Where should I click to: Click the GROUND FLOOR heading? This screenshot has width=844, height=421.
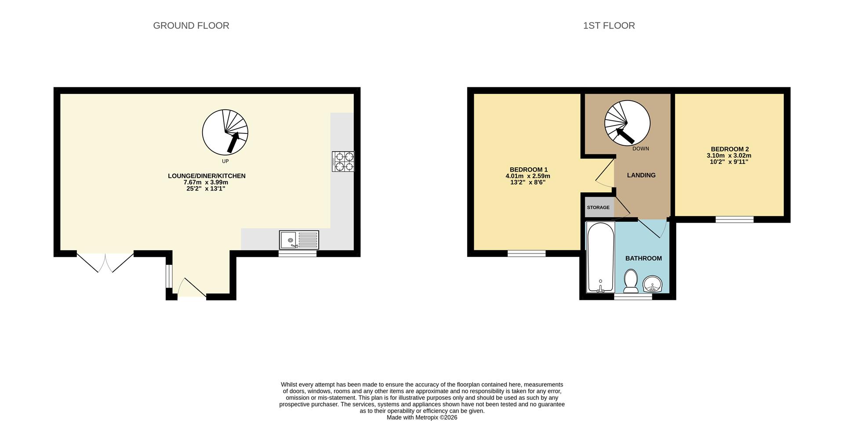pyautogui.click(x=191, y=25)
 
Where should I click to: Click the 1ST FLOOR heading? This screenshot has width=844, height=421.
pyautogui.click(x=608, y=25)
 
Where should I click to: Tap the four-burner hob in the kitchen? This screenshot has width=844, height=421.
pyautogui.click(x=343, y=161)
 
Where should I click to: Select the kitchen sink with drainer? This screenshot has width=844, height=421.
pyautogui.click(x=299, y=240)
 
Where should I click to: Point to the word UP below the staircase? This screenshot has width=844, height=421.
pyautogui.click(x=225, y=161)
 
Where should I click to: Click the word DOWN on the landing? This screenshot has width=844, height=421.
pyautogui.click(x=640, y=148)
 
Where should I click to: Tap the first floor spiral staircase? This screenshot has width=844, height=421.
pyautogui.click(x=627, y=123)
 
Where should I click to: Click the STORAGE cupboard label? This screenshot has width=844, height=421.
pyautogui.click(x=598, y=207)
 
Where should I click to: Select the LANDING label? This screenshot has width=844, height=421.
pyautogui.click(x=641, y=175)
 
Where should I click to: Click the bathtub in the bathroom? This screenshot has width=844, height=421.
pyautogui.click(x=600, y=257)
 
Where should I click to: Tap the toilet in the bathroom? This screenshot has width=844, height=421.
pyautogui.click(x=631, y=281)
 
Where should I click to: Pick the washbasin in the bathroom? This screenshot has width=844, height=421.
pyautogui.click(x=653, y=284)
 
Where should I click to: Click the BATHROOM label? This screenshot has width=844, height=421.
pyautogui.click(x=643, y=258)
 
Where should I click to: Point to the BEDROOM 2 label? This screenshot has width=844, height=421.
pyautogui.click(x=729, y=149)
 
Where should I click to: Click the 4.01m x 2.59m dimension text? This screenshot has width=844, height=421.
pyautogui.click(x=527, y=176)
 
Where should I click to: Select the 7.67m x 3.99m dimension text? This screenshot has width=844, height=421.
pyautogui.click(x=206, y=182)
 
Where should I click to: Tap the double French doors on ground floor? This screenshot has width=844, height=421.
pyautogui.click(x=105, y=262)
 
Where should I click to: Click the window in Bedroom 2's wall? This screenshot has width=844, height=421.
pyautogui.click(x=734, y=219)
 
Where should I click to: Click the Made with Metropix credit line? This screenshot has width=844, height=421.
pyautogui.click(x=422, y=417)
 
